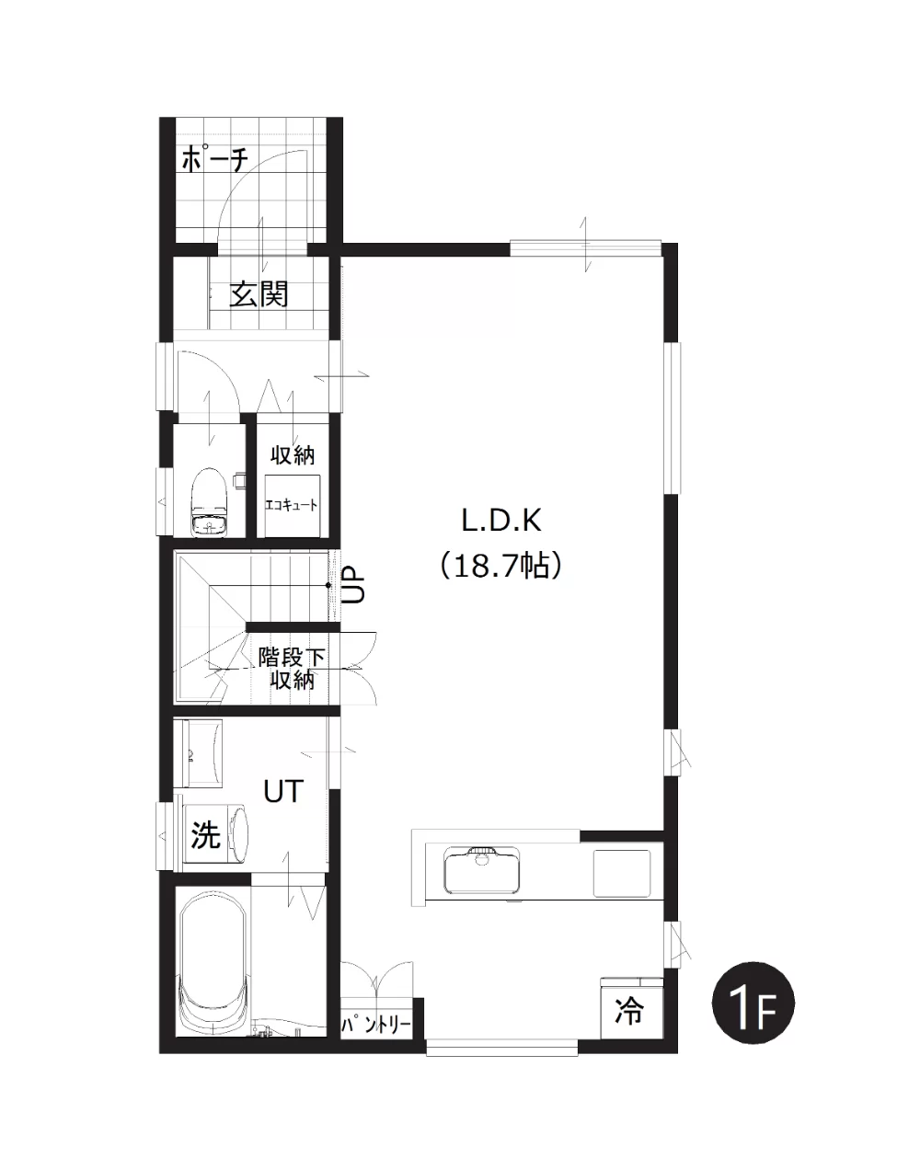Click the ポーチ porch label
point(214,159)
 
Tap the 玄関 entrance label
point(258,295)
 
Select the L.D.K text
point(501,521)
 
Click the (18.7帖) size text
point(500,566)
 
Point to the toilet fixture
point(209,502)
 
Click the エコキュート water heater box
point(291,506)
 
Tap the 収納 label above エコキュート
point(292,455)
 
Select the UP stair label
point(353,584)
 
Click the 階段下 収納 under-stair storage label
point(292,670)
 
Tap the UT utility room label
point(282,792)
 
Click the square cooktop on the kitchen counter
point(622,873)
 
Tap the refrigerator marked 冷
point(632,1007)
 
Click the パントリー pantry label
point(375,1026)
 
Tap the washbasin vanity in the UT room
point(198,753)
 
